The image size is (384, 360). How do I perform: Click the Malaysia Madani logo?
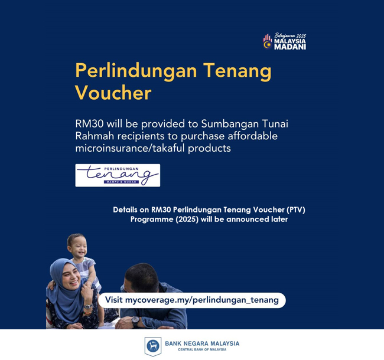tap(284, 41)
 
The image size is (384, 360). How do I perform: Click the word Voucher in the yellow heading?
tap(113, 93)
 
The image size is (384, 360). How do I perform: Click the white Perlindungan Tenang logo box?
tap(118, 175)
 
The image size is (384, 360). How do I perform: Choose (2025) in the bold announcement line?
tap(187, 219)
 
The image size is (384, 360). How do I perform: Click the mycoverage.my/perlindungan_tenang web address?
tap(202, 300)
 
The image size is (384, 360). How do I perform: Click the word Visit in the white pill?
tap(113, 300)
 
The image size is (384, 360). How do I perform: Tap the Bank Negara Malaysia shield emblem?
tap(153, 346)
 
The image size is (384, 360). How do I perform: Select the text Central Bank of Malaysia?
tap(202, 349)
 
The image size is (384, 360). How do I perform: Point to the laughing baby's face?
tap(77, 246)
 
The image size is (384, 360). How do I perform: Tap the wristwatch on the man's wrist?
tap(135, 320)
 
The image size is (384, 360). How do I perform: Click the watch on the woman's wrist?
tap(88, 306)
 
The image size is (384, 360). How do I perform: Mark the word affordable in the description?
tap(252, 136)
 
